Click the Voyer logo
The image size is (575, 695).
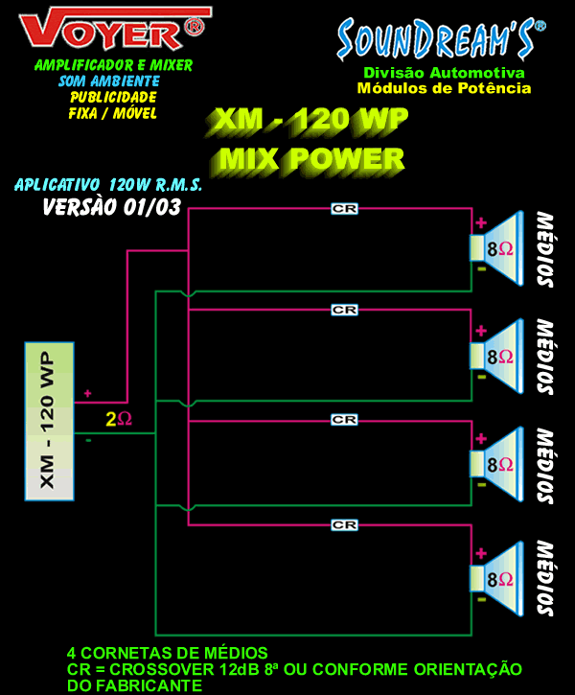tap(113, 28)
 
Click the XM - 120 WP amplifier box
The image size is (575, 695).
tap(49, 422)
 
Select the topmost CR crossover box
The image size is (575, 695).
tap(344, 209)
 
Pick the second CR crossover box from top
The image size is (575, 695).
tap(344, 310)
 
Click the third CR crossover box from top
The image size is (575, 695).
tap(344, 419)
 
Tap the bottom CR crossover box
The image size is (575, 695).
tap(344, 525)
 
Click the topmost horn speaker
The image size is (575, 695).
tap(496, 248)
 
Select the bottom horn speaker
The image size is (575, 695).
tap(496, 579)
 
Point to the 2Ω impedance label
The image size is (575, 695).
tap(119, 419)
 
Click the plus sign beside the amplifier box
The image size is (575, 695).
tap(88, 394)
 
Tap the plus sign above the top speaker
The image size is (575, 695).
tap(481, 222)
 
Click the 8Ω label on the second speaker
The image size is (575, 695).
tap(500, 357)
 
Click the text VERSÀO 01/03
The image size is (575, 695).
tap(111, 207)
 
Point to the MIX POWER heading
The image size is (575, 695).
tap(311, 159)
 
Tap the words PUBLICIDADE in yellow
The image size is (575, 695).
tap(113, 97)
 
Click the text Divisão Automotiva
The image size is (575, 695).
tap(444, 73)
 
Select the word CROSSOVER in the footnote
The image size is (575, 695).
tap(162, 669)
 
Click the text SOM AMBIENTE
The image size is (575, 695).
tap(109, 81)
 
